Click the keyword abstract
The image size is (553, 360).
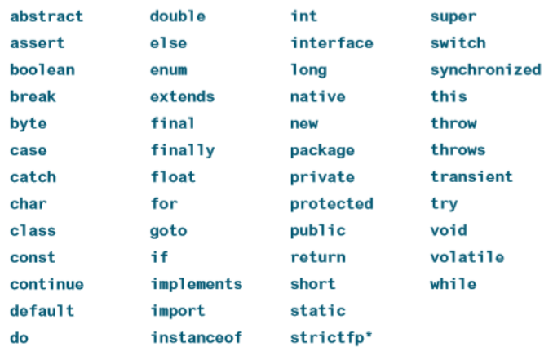click(46, 16)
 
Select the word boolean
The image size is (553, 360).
click(42, 70)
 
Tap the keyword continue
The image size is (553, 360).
click(46, 285)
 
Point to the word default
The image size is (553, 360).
click(42, 311)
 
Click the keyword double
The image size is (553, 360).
click(177, 16)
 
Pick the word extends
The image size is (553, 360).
click(182, 97)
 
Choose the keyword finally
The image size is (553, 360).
click(182, 150)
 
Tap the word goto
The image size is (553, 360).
click(168, 231)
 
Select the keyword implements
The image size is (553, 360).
click(196, 285)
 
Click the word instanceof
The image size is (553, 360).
click(196, 338)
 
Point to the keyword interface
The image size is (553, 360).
click(331, 43)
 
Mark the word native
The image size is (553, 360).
click(317, 97)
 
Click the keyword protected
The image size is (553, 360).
click(331, 204)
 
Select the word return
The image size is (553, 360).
click(317, 258)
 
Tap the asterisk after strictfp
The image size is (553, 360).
click(369, 335)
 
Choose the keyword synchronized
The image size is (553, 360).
click(485, 70)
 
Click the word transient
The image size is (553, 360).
click(471, 177)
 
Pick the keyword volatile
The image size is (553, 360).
click(467, 258)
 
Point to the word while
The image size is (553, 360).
click(453, 285)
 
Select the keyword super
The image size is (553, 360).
click(453, 16)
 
